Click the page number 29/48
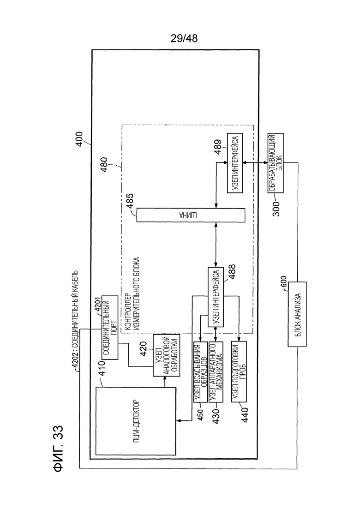click(184, 39)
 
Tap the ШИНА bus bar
click(191, 215)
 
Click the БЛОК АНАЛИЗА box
click(297, 314)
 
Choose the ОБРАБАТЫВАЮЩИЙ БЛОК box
click(275, 163)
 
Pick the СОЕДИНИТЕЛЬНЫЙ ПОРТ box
click(110, 327)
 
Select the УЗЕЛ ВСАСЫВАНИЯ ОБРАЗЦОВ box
click(200, 372)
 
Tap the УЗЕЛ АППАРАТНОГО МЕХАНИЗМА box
click(216, 372)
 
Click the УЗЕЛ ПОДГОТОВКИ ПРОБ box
click(239, 372)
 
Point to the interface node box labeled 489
click(235, 163)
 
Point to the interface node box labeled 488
click(216, 297)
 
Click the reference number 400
click(79, 139)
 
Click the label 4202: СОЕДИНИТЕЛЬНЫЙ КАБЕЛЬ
click(75, 320)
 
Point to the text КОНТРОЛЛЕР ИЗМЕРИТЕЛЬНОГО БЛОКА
click(132, 294)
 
